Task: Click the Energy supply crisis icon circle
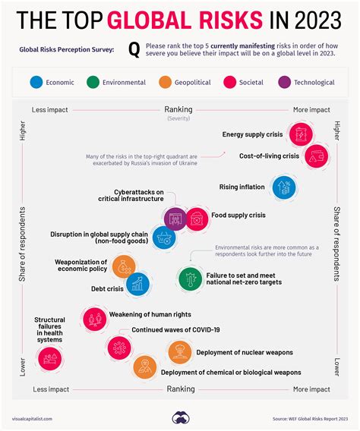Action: point(300,134)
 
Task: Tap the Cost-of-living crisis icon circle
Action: point(315,156)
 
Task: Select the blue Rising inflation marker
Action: point(283,187)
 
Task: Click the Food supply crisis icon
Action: point(196,219)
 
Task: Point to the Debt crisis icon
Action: point(137,285)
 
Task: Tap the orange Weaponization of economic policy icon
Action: point(123,266)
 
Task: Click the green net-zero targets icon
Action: point(189,278)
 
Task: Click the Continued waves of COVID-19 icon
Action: point(118,347)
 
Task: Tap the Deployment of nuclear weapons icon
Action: point(180,351)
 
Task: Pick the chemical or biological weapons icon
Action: point(144,367)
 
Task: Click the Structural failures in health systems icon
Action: point(50,360)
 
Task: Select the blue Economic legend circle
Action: point(36,82)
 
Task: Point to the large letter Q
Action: point(134,50)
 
